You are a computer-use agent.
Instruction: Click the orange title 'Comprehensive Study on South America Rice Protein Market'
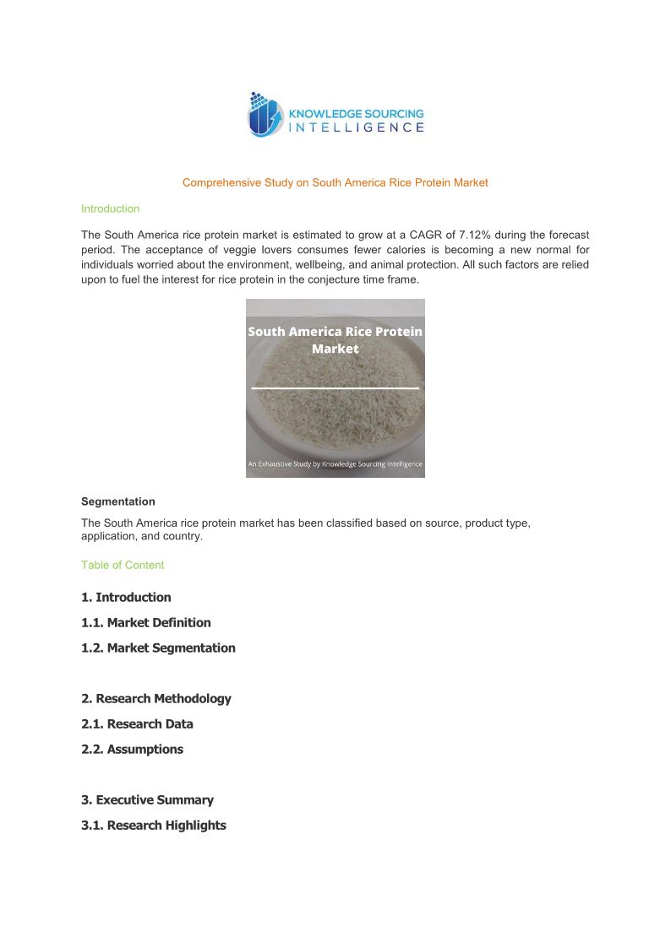pos(335,182)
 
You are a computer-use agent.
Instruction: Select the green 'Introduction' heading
pos(110,209)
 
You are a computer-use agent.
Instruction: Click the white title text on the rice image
pos(335,340)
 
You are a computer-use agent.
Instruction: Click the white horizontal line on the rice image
pos(335,387)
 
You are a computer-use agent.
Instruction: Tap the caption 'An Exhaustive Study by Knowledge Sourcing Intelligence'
pos(335,463)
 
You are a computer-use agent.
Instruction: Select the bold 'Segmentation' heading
pos(117,501)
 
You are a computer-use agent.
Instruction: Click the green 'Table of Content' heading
pos(123,565)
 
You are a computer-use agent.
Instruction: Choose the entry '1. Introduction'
pos(126,598)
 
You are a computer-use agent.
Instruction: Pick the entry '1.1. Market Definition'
pos(145,623)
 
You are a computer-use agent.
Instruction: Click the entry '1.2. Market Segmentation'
pos(158,648)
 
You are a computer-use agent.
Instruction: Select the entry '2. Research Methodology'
pos(155,699)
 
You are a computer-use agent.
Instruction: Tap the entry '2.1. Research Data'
pos(137,724)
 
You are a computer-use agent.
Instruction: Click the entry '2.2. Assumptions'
pos(132,750)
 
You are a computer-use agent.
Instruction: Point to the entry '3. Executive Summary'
pos(147,800)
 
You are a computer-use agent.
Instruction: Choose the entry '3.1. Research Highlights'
pos(153,826)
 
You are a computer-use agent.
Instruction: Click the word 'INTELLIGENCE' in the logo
pos(356,127)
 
